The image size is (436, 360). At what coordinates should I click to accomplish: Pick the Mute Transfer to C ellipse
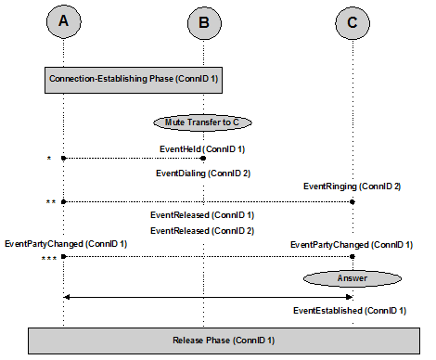coord(203,122)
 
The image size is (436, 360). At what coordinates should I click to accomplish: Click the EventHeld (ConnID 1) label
coord(202,148)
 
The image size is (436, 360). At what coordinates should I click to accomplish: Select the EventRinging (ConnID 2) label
coord(351,186)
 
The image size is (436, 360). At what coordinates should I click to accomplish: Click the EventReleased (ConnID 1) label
coord(202,215)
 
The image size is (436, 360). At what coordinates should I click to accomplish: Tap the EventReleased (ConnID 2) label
coord(202,229)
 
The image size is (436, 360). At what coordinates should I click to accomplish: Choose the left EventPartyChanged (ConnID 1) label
coord(66,243)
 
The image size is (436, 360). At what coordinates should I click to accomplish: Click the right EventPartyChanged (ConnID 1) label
coord(351,243)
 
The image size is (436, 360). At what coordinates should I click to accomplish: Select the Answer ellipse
coord(353,276)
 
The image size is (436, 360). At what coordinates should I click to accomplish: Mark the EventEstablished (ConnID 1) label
coord(349,311)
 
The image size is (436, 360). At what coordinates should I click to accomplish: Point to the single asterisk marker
coord(46,160)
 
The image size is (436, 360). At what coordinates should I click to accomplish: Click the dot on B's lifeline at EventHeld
coord(204,158)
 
